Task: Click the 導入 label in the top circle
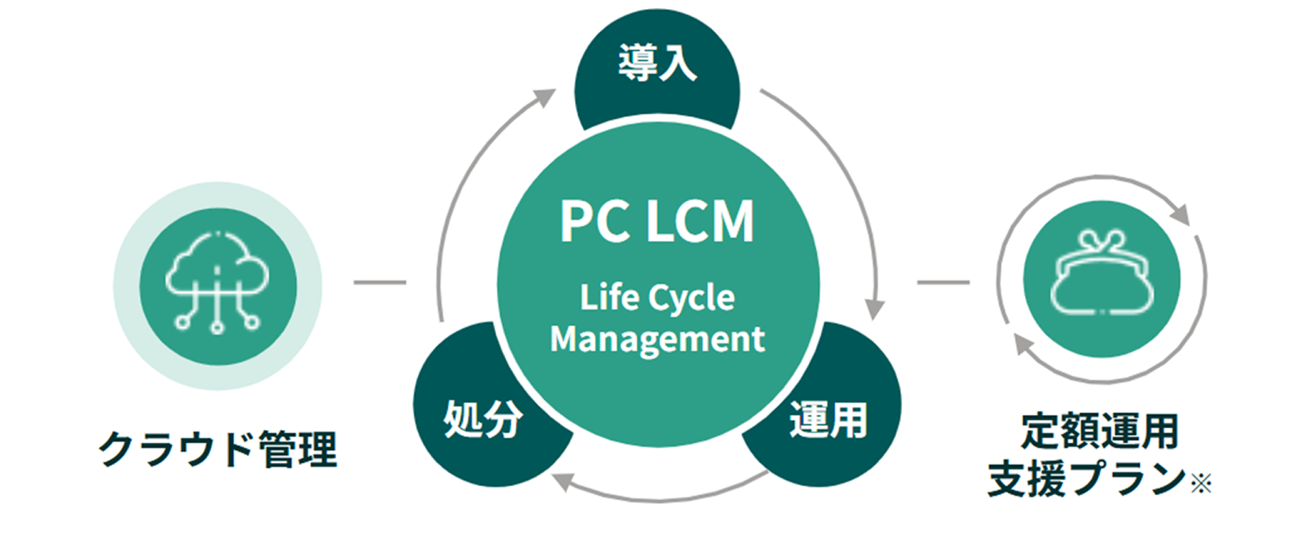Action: [x=657, y=63]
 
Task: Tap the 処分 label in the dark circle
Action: [x=483, y=418]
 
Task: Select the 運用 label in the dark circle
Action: [x=828, y=419]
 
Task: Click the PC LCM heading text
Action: [x=657, y=222]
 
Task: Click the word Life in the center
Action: [x=610, y=297]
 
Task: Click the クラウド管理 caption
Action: [x=218, y=449]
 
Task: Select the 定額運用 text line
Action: [x=1099, y=431]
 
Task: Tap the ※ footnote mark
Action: [x=1201, y=484]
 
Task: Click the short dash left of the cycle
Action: [x=380, y=282]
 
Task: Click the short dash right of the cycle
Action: [x=943, y=282]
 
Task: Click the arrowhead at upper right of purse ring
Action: [x=1181, y=215]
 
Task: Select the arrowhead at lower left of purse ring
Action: [x=1022, y=343]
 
